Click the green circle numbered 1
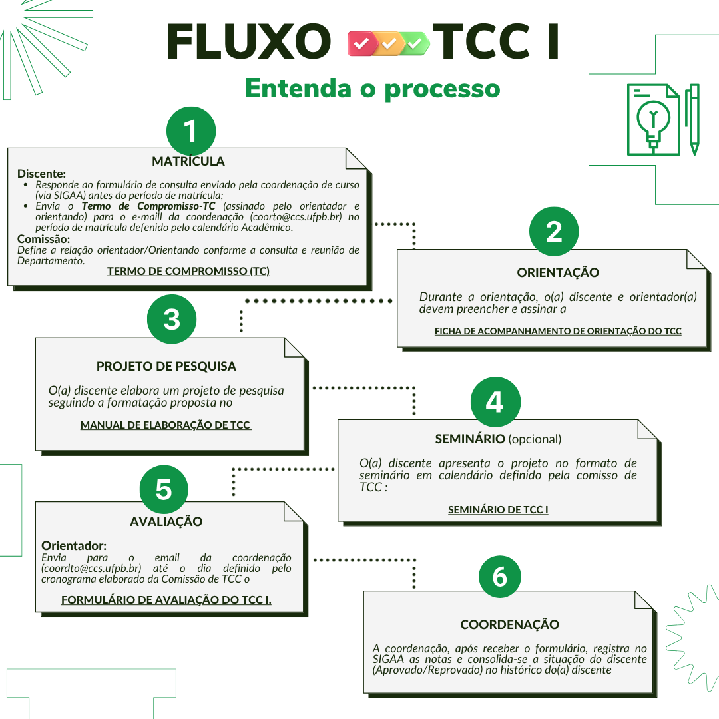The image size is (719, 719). [x=191, y=131]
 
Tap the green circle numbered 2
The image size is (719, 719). [x=554, y=232]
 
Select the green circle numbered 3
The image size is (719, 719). [x=172, y=319]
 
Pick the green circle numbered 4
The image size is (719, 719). [x=495, y=402]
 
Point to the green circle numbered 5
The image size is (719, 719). [x=164, y=489]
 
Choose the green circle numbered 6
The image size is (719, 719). [x=500, y=577]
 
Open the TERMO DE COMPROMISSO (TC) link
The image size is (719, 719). [x=188, y=271]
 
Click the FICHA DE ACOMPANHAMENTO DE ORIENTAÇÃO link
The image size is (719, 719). [x=558, y=331]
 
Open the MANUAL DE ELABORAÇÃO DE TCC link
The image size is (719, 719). [x=166, y=425]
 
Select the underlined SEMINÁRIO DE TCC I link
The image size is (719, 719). [x=498, y=510]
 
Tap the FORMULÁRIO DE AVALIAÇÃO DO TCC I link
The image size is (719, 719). [x=166, y=600]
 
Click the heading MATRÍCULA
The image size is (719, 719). [x=188, y=161]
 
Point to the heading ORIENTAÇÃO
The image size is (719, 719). [x=558, y=272]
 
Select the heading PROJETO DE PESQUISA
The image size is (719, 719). [x=166, y=366]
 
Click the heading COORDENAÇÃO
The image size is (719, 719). [x=510, y=624]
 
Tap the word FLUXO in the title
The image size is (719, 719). [x=249, y=43]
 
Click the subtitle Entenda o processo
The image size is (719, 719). [x=372, y=88]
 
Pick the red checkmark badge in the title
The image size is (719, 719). [x=361, y=43]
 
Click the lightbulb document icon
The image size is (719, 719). [x=653, y=120]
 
